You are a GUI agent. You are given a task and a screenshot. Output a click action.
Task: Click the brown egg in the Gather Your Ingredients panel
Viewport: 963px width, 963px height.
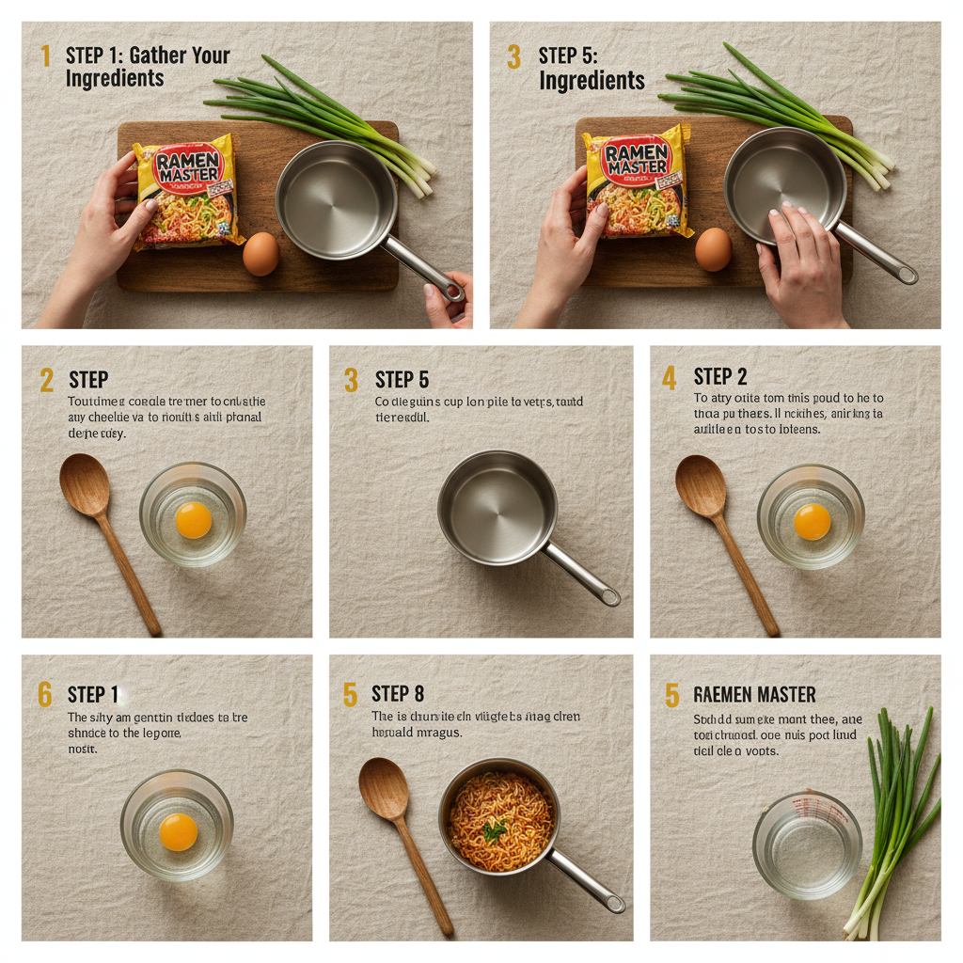[x=260, y=253]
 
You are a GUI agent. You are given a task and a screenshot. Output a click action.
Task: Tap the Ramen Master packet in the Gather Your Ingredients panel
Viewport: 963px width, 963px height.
[x=187, y=192]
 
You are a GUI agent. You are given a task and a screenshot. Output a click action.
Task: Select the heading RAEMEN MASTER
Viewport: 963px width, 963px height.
[x=754, y=695]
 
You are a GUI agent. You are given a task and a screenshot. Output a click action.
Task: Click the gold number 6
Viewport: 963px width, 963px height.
[x=44, y=695]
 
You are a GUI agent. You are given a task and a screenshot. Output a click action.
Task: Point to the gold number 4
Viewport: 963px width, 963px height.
[x=669, y=378]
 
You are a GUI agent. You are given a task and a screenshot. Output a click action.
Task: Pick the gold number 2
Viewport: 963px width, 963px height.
[x=46, y=381]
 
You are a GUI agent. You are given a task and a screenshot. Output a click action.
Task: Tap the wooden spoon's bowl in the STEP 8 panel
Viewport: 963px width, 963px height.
[x=384, y=788]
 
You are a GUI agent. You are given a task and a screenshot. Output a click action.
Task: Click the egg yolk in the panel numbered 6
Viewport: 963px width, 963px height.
[x=178, y=831]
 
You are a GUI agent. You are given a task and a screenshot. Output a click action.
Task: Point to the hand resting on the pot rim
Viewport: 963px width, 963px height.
[x=800, y=254]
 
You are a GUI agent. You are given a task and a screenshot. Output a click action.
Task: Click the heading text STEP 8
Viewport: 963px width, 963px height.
[x=398, y=695]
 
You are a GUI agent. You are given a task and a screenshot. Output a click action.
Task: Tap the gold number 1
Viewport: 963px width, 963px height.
[x=44, y=56]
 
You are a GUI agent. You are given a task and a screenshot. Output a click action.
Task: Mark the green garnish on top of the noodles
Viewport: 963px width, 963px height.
[x=495, y=829]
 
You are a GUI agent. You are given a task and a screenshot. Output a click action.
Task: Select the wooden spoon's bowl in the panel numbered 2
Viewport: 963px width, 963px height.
[x=85, y=483]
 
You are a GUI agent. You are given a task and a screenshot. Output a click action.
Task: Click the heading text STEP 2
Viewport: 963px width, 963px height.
[x=720, y=377]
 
